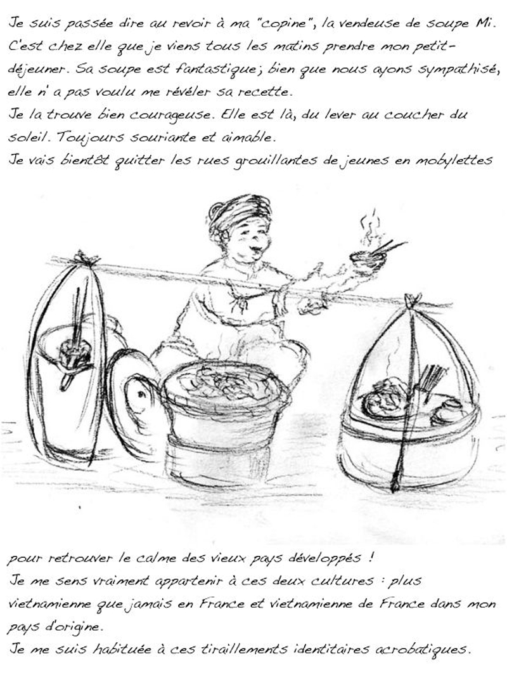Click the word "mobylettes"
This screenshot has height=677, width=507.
454,161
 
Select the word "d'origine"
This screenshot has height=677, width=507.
72,626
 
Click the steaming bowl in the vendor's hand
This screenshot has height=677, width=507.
368,259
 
